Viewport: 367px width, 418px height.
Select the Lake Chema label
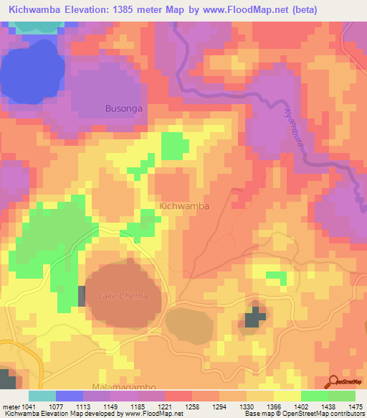click(x=123, y=296)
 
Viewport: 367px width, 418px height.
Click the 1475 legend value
click(x=355, y=407)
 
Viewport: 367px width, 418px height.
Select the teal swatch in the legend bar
click(x=42, y=396)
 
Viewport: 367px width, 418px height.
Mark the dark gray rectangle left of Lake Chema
click(x=81, y=296)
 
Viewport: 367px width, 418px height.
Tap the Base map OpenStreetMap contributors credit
click(x=302, y=414)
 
